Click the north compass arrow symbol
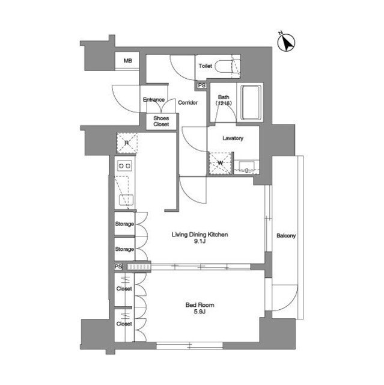point(286,43)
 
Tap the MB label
point(128,60)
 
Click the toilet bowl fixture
point(224,66)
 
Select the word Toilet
point(206,66)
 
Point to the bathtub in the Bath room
point(251,102)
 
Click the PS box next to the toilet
point(201,85)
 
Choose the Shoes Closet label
point(161,122)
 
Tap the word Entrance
point(154,99)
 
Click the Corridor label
point(188,102)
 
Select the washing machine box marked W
point(220,163)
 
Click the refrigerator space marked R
point(127,143)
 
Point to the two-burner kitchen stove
point(125,166)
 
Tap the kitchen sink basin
point(126,200)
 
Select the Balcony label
point(286,236)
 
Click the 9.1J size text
point(200,241)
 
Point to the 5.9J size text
point(200,312)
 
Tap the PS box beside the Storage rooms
point(118,266)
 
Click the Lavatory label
point(233,138)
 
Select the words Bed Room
point(200,305)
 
